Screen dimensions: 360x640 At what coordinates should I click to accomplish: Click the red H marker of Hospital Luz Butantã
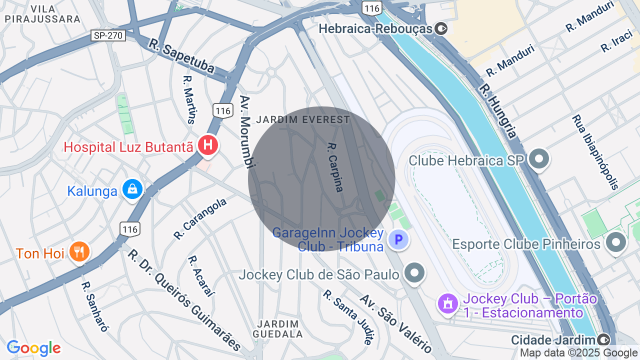tap(208, 146)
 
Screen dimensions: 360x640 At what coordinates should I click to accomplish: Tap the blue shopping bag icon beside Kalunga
tap(132, 189)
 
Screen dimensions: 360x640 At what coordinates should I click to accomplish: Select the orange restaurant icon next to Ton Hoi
tap(79, 251)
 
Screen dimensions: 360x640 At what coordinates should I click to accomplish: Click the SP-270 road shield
tap(108, 35)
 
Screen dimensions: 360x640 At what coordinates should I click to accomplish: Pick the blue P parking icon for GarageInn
tap(398, 240)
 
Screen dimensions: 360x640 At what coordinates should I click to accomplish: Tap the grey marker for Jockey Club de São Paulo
tap(414, 273)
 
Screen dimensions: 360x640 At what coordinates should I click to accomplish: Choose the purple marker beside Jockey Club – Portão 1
tap(447, 302)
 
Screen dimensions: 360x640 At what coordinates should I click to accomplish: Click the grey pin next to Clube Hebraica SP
tap(538, 159)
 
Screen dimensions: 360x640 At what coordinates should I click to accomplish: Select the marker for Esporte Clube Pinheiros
tap(615, 243)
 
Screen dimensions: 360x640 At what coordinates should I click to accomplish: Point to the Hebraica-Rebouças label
tap(375, 28)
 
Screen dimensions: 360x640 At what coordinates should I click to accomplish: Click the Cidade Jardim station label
tap(555, 340)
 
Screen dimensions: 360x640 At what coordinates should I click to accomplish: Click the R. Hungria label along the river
tap(497, 110)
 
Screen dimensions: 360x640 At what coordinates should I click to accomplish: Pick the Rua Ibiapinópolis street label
tap(595, 152)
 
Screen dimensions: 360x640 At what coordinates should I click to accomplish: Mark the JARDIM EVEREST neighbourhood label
tap(303, 120)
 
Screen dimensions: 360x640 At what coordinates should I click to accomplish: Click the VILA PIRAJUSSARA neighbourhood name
tap(42, 14)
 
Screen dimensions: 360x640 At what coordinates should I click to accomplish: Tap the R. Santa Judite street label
tap(348, 317)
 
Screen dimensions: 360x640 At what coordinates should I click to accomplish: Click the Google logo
tap(33, 348)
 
